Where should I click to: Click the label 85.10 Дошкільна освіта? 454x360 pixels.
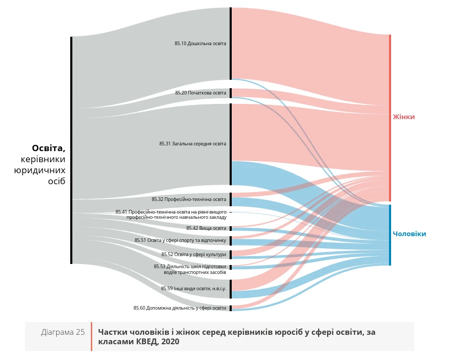[x=200, y=44]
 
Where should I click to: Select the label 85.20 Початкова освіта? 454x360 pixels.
[x=200, y=93]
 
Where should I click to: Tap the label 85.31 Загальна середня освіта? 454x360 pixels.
[x=193, y=144]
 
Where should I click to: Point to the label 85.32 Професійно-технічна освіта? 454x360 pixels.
[x=189, y=199]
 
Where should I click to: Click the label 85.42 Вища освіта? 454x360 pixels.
[x=206, y=228]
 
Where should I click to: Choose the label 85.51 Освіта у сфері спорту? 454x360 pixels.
[x=180, y=240]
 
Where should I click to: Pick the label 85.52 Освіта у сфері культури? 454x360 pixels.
[x=193, y=255]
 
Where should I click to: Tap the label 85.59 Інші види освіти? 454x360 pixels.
[x=193, y=289]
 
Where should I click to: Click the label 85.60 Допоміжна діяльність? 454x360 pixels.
[x=179, y=308]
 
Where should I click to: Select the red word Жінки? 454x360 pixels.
[x=404, y=117]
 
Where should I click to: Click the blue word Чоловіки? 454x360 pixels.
[x=409, y=234]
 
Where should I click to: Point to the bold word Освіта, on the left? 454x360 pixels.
[x=48, y=148]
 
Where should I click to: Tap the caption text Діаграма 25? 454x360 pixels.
[x=63, y=332]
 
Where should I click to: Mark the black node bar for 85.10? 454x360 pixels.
[x=230, y=44]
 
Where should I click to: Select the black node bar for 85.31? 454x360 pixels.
[x=230, y=144]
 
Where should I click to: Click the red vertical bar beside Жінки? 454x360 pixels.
[x=390, y=118]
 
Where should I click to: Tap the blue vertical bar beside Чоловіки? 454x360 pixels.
[x=390, y=235]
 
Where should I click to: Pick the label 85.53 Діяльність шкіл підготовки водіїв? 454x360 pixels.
[x=190, y=269]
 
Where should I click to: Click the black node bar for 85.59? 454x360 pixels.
[x=230, y=289]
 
